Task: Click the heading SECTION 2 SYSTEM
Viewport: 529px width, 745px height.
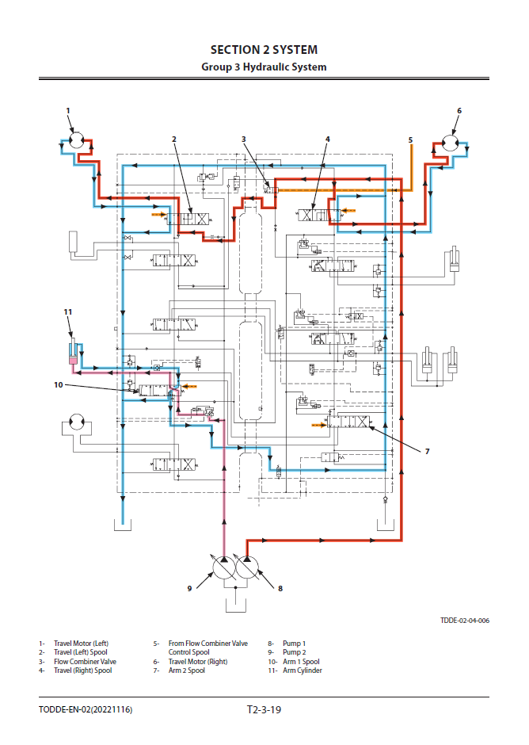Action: pyautogui.click(x=264, y=50)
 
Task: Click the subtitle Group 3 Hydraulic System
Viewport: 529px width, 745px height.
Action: pyautogui.click(x=264, y=67)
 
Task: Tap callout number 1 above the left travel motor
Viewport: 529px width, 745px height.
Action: pyautogui.click(x=68, y=110)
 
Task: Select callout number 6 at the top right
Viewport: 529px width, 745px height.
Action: pyautogui.click(x=459, y=110)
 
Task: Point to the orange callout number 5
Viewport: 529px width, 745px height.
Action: pyautogui.click(x=410, y=139)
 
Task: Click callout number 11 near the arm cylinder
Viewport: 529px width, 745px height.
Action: pyautogui.click(x=67, y=312)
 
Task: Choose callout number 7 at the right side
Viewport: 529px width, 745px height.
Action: pyautogui.click(x=427, y=451)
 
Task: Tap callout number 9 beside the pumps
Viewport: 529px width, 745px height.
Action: pyautogui.click(x=190, y=588)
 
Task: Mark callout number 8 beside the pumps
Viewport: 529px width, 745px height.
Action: pyautogui.click(x=280, y=588)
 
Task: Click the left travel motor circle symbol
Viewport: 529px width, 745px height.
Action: pyautogui.click(x=77, y=141)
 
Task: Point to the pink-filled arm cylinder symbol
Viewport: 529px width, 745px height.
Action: pyautogui.click(x=73, y=359)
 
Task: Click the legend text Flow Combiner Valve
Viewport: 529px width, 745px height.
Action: pyautogui.click(x=85, y=662)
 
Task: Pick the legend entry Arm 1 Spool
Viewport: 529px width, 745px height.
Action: pyautogui.click(x=301, y=662)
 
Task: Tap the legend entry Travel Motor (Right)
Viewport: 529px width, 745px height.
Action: pyautogui.click(x=198, y=662)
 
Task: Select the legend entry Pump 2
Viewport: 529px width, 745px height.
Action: pyautogui.click(x=295, y=652)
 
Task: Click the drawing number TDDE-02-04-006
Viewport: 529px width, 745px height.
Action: pyautogui.click(x=465, y=621)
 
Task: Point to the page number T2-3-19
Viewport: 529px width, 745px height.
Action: pyautogui.click(x=264, y=709)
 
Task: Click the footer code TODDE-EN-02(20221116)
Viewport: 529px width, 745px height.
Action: pyautogui.click(x=86, y=709)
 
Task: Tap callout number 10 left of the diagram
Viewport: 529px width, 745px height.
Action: pyautogui.click(x=58, y=384)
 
